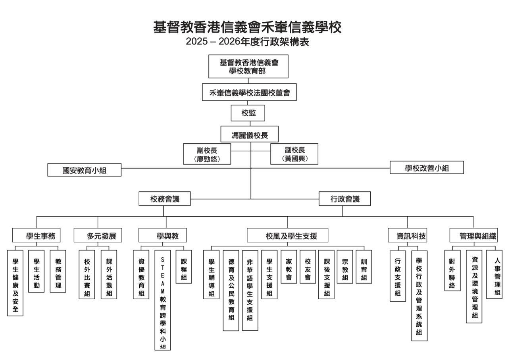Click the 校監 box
click(248, 113)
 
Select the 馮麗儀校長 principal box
click(250, 135)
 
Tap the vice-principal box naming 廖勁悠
click(207, 154)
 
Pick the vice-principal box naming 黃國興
click(294, 154)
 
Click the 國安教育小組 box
click(85, 170)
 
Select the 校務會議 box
click(165, 199)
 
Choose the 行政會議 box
click(344, 199)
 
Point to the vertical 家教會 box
click(289, 267)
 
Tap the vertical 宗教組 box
click(345, 267)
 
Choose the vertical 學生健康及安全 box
click(15, 283)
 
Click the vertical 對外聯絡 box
click(452, 270)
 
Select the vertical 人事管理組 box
click(495, 274)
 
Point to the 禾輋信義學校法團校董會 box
click(249, 93)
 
